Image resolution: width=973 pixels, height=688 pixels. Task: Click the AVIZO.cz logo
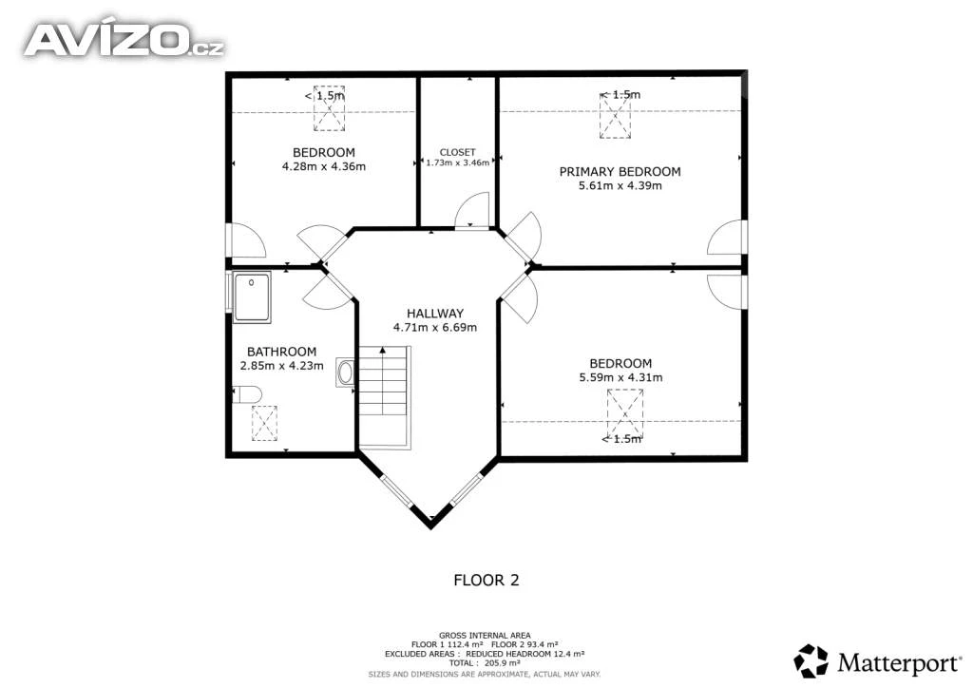click(x=124, y=40)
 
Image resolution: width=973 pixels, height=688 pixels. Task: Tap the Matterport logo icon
click(x=811, y=660)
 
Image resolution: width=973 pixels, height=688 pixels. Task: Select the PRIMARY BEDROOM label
click(x=620, y=172)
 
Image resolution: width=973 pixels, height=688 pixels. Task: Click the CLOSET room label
click(x=457, y=152)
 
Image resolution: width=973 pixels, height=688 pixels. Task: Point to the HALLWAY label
click(x=435, y=314)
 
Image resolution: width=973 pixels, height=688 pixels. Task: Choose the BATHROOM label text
click(x=281, y=352)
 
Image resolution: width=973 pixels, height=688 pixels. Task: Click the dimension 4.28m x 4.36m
click(x=324, y=166)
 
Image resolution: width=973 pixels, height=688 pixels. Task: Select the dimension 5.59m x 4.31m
click(x=620, y=377)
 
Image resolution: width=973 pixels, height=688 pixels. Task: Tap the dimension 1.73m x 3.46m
click(x=458, y=162)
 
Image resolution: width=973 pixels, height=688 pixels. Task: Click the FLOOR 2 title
click(x=486, y=580)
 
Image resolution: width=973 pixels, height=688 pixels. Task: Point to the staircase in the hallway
click(x=385, y=397)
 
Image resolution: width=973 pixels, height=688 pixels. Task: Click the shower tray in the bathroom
click(x=252, y=297)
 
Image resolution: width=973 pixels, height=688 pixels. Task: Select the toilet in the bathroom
click(x=247, y=394)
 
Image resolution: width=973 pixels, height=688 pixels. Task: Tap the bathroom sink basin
click(x=345, y=373)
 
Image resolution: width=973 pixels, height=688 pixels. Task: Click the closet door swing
click(x=472, y=211)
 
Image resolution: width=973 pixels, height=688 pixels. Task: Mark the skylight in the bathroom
click(x=264, y=423)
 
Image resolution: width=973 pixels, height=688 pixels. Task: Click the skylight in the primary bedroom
click(x=615, y=115)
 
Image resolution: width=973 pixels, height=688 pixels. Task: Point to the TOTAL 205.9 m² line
click(x=485, y=663)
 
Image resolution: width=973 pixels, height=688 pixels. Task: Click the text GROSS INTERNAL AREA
click(x=485, y=636)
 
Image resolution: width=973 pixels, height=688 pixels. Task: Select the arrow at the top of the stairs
click(x=383, y=352)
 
